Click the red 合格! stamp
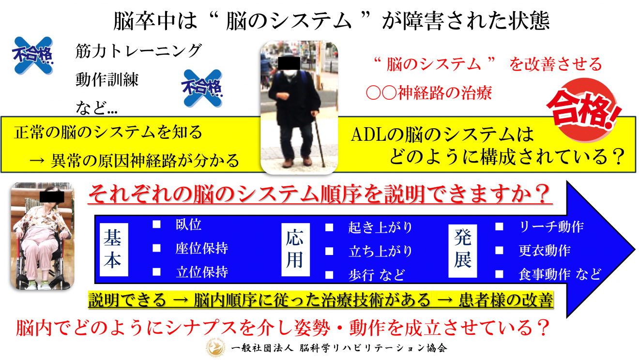(x=583, y=110)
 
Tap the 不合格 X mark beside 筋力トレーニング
(x=33, y=56)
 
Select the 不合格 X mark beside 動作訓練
(x=202, y=89)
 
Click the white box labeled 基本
(x=114, y=250)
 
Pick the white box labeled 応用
(x=295, y=250)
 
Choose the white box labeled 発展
(x=463, y=251)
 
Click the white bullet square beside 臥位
(x=157, y=225)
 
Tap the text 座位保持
(x=202, y=248)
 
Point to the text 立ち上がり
(x=380, y=251)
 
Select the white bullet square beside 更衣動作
(x=499, y=250)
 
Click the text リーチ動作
(x=551, y=227)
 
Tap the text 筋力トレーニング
(x=138, y=51)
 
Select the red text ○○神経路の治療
(x=429, y=93)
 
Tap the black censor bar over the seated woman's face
(x=52, y=197)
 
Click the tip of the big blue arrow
(x=635, y=250)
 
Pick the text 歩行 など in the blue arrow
(x=377, y=275)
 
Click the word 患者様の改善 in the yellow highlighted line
(x=506, y=300)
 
